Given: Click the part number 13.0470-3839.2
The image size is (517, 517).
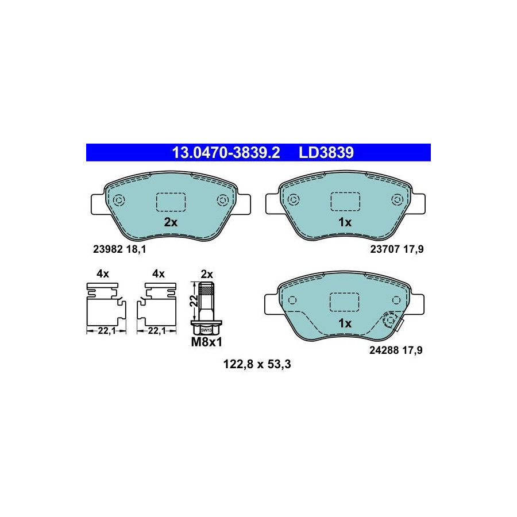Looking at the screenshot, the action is [226, 153].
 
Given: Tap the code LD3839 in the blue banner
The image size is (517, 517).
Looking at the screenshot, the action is [326, 153].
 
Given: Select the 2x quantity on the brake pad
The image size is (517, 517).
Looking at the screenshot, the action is [171, 222].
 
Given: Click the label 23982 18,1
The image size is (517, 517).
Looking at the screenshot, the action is [119, 249].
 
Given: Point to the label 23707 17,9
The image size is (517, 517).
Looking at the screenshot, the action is [396, 249].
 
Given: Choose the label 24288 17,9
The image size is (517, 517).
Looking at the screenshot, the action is [396, 350].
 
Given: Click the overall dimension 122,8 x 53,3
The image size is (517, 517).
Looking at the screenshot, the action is [257, 364].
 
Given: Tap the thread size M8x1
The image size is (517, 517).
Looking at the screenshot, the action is [207, 342].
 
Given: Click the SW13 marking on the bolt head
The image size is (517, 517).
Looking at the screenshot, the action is [206, 330].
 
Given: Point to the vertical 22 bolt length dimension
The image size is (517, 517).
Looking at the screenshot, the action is [194, 300].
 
